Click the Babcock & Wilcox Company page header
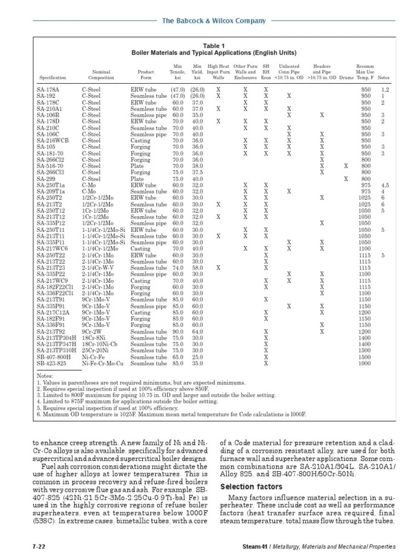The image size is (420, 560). pos(214,21)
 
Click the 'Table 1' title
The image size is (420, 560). pos(214,46)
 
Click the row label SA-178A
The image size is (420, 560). pos(48,89)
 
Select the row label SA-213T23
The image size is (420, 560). pos(51,268)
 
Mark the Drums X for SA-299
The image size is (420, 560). pos(345,179)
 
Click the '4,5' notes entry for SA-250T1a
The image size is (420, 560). pos(385,185)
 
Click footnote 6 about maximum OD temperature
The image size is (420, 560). pos(172,415)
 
